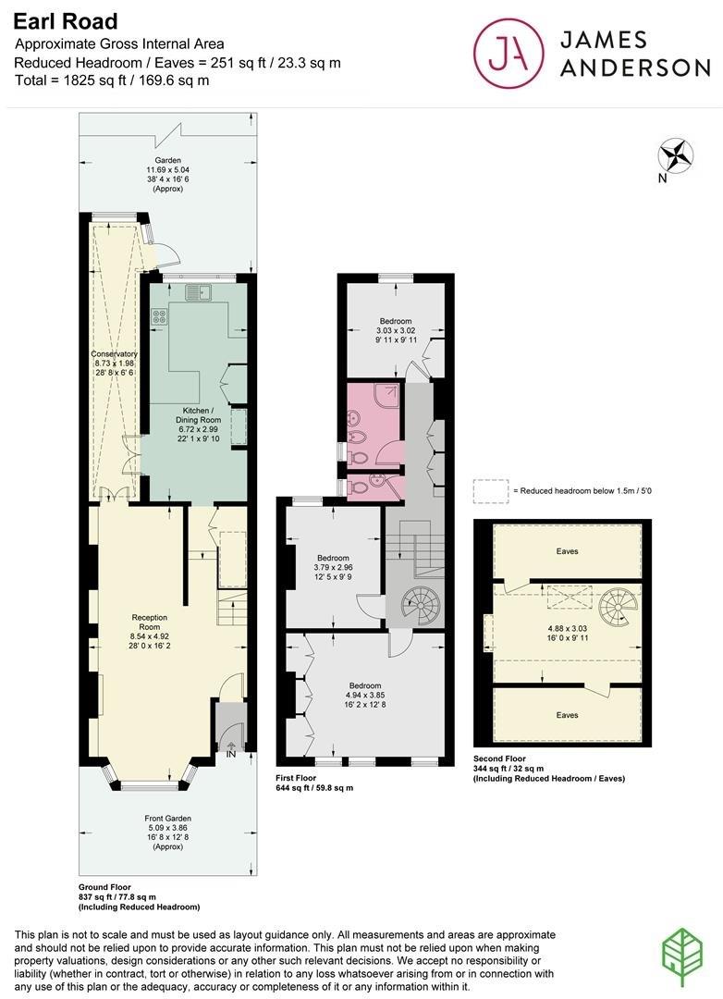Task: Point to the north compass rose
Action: [677, 155]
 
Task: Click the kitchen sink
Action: [199, 293]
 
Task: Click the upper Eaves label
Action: [568, 551]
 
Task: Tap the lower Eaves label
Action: [568, 715]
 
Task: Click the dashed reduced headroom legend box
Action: [490, 490]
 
